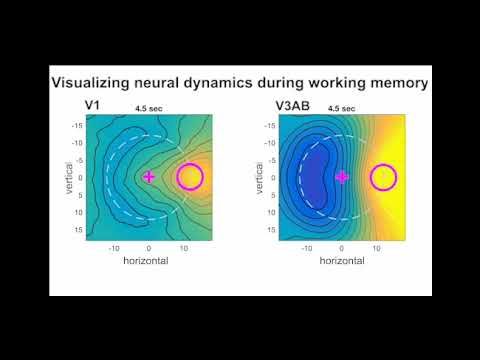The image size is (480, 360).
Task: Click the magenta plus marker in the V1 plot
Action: (x=149, y=177)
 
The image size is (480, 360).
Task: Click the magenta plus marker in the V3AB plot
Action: (x=342, y=177)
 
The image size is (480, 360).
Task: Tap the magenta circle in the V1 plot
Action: (x=189, y=177)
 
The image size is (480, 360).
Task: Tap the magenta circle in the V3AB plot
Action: (x=383, y=177)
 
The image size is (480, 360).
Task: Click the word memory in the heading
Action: (x=393, y=82)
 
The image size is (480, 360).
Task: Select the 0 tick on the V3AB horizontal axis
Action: (x=342, y=247)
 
